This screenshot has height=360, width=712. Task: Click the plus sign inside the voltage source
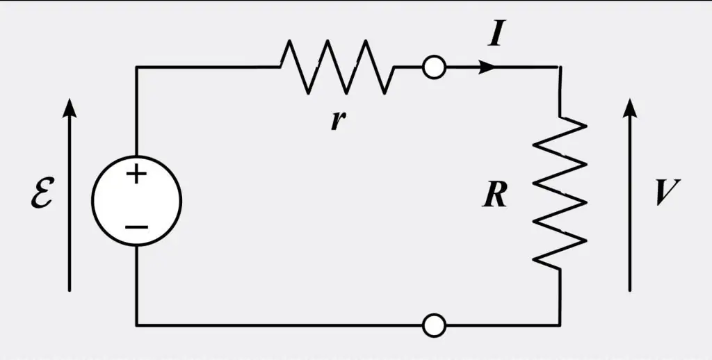(136, 174)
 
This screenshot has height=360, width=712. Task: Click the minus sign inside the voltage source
(136, 226)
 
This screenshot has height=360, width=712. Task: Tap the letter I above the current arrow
(496, 36)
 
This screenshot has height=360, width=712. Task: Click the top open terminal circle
(434, 67)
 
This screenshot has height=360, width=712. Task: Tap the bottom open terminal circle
(434, 325)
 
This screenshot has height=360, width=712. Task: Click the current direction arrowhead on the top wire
(487, 67)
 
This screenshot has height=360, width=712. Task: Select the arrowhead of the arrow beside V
(629, 108)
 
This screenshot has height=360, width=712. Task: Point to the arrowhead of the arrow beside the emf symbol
(69, 108)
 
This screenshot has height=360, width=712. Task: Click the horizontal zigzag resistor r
(337, 67)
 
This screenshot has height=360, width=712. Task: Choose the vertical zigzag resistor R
(560, 193)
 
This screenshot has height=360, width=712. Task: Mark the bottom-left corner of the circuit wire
(136, 325)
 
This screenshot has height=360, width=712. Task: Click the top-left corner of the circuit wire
(136, 67)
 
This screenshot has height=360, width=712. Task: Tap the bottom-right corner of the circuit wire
(560, 325)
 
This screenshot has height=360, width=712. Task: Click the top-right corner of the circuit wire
(560, 67)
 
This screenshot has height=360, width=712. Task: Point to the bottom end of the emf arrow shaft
(69, 291)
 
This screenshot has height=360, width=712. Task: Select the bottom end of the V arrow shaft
(629, 291)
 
